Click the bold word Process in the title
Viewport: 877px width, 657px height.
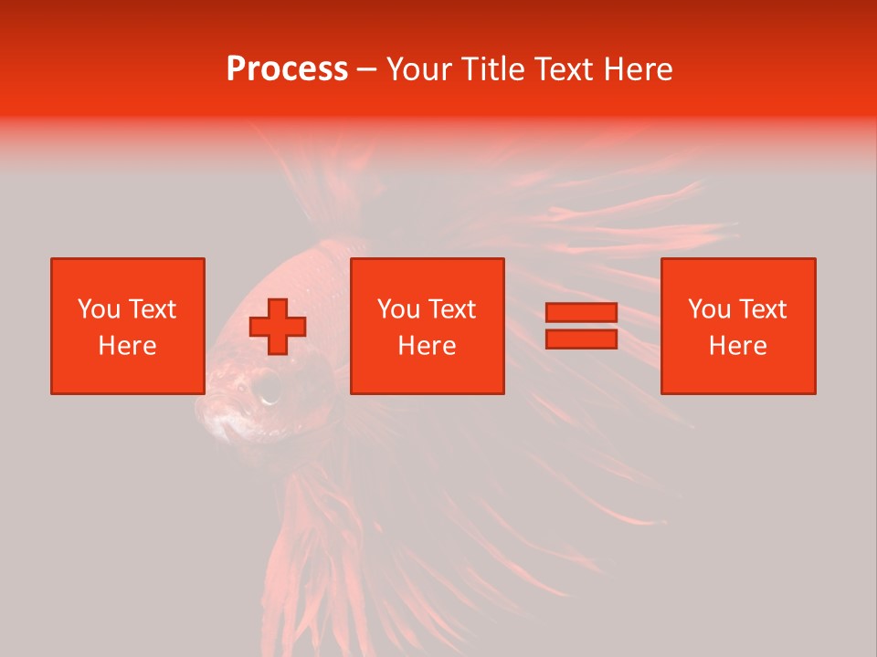(x=287, y=69)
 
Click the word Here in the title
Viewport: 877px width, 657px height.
(x=639, y=69)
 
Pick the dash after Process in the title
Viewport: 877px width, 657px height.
(x=366, y=70)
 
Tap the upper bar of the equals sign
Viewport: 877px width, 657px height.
(x=581, y=313)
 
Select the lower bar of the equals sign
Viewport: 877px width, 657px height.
(x=581, y=339)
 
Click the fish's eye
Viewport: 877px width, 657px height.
(x=268, y=388)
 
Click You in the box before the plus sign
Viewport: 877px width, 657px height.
(x=99, y=309)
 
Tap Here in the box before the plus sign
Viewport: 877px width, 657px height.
(x=127, y=346)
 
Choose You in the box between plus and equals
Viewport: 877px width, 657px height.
(x=398, y=309)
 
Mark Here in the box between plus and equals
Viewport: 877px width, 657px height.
(x=427, y=346)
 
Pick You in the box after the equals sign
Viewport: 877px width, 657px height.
(x=709, y=309)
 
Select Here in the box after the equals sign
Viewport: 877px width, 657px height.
(x=737, y=346)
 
